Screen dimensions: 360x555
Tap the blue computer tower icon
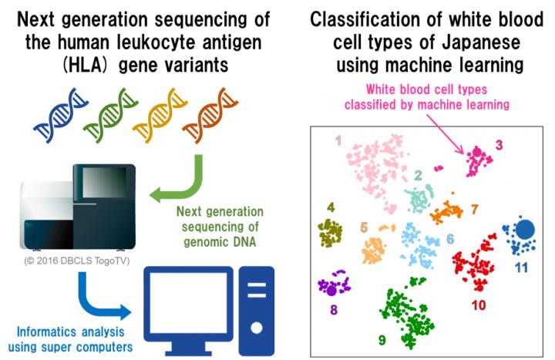(255, 308)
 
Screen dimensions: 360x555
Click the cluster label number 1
(337, 140)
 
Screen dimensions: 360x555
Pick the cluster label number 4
(331, 207)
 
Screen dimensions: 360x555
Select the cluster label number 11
(521, 267)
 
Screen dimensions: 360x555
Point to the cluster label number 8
(333, 311)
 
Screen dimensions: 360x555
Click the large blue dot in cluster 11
(526, 229)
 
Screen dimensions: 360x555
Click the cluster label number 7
(475, 209)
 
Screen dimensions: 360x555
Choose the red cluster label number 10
(479, 305)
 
